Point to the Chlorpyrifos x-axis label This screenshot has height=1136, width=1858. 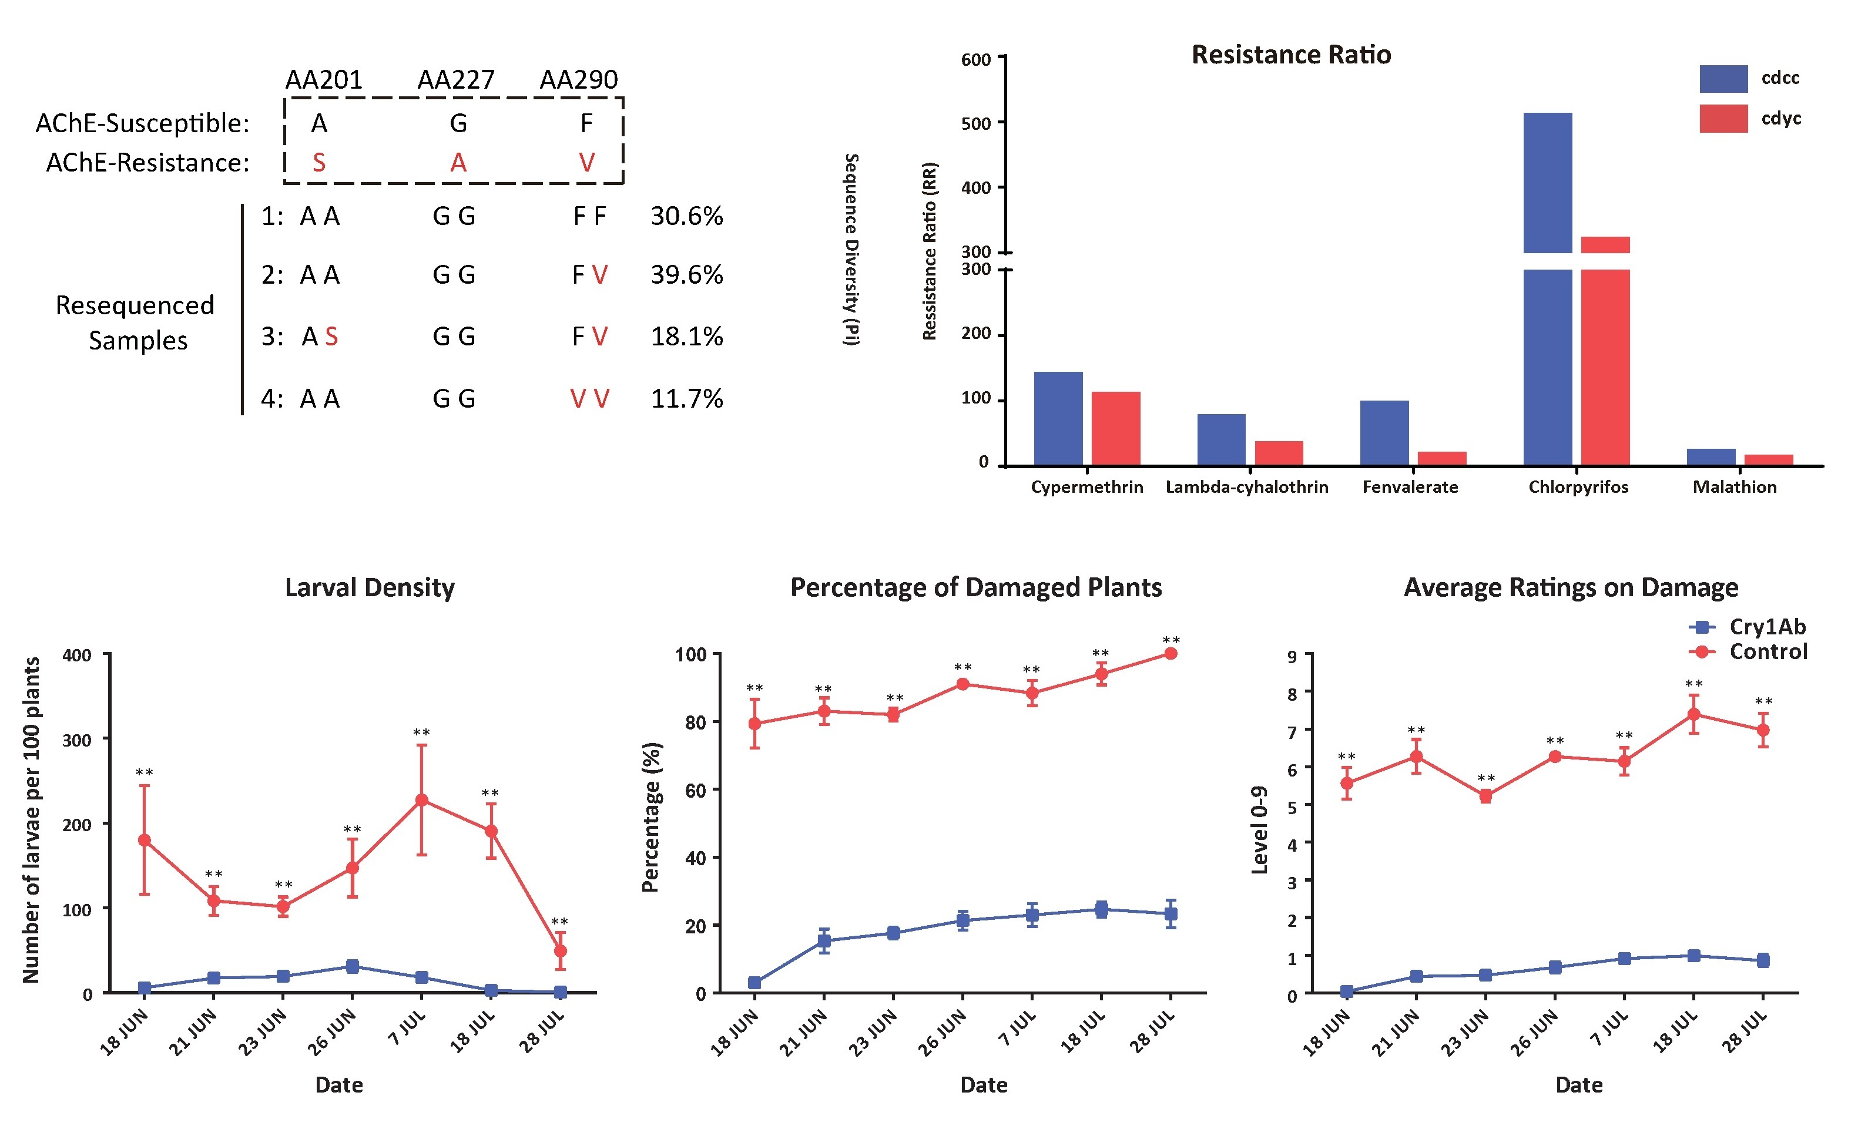(x=1578, y=487)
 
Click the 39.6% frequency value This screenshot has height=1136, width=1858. (x=686, y=274)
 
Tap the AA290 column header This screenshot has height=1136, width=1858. (x=578, y=79)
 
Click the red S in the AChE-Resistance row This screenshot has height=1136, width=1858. (x=319, y=163)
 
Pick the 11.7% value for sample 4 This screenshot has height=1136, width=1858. (x=686, y=398)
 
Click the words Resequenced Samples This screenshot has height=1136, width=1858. (x=136, y=322)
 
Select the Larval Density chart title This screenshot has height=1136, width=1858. (x=370, y=587)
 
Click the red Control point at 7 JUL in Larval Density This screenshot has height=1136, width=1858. (x=421, y=800)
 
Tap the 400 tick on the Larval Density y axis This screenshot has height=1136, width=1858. (x=77, y=655)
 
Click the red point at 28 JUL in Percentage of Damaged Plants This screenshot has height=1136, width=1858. (x=1171, y=654)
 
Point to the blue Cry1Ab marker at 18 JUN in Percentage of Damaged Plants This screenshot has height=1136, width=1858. (x=754, y=982)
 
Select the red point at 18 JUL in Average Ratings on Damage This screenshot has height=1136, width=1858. (x=1693, y=714)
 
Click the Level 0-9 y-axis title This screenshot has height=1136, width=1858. (x=1259, y=829)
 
